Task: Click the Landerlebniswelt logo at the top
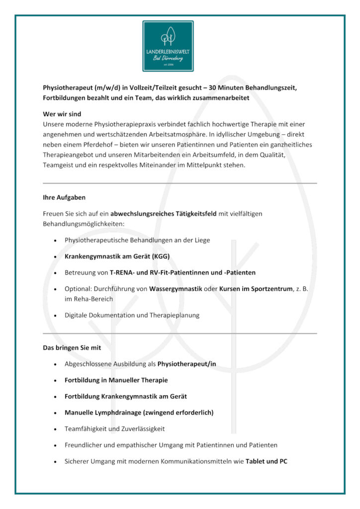168,46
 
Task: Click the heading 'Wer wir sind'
62,114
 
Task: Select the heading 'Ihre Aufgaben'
64,197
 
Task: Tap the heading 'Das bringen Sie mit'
72,348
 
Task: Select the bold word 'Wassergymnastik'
176,289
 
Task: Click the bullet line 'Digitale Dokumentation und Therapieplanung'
132,315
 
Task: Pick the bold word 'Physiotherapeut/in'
186,364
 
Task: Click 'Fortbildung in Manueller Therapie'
116,380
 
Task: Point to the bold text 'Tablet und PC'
266,461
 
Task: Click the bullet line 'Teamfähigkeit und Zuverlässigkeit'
114,428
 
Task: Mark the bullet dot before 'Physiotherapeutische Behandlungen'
54,241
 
